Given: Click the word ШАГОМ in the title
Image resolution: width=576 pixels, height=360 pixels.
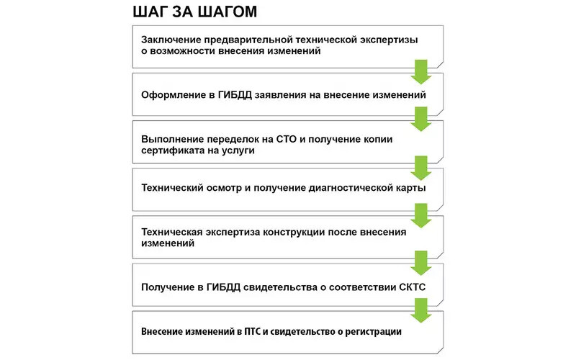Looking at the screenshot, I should (222, 12).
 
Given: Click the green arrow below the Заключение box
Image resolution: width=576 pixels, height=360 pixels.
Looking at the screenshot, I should (420, 72).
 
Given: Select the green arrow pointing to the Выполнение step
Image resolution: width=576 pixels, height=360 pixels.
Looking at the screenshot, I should (420, 118).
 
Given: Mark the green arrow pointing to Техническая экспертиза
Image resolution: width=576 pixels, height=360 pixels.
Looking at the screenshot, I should (420, 214).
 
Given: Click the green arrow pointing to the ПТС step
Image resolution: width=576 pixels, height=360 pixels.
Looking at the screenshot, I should (420, 310).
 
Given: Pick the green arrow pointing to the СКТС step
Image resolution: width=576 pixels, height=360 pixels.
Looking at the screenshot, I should (420, 261).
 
